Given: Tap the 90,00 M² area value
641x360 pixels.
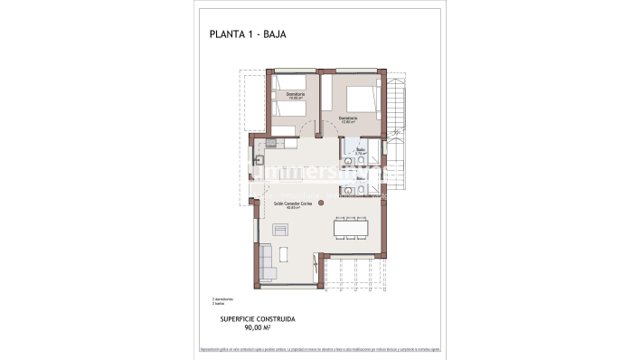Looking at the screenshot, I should pyautogui.click(x=259, y=327).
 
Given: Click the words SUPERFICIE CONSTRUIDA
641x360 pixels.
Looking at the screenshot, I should pyautogui.click(x=259, y=319).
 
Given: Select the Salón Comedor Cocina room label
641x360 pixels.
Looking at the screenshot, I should pyautogui.click(x=294, y=204).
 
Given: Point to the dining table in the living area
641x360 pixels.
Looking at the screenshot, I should pyautogui.click(x=351, y=228).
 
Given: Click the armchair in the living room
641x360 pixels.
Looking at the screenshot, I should pyautogui.click(x=280, y=227).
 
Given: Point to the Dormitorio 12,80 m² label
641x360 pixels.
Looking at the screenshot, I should pyautogui.click(x=348, y=118).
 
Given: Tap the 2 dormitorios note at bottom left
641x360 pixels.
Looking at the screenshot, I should pyautogui.click(x=222, y=298).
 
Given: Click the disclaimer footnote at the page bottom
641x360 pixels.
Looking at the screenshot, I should pyautogui.click(x=320, y=349).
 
